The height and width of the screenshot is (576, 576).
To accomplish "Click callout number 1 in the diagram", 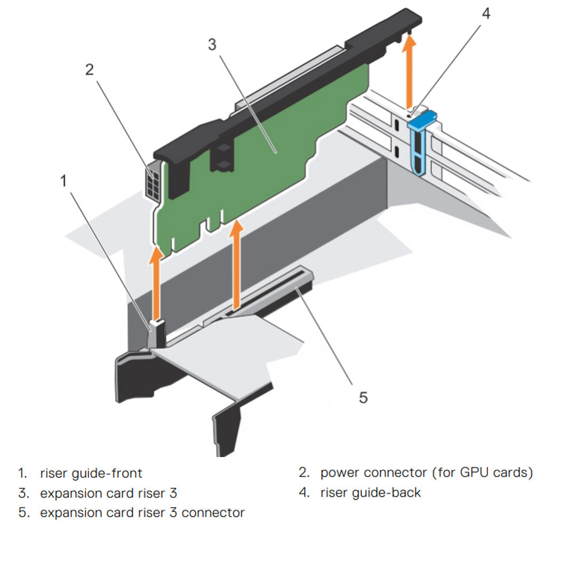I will (x=64, y=181).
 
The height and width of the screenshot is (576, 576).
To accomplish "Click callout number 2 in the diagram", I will (x=89, y=69).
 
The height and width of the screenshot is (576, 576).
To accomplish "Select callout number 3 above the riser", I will (x=212, y=45).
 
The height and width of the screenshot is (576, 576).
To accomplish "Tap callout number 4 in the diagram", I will (x=485, y=14).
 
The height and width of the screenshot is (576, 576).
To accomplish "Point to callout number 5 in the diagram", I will (x=363, y=397).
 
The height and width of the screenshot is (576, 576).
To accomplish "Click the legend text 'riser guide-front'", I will (x=91, y=473).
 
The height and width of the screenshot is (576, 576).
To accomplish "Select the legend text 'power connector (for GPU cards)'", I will (x=426, y=472).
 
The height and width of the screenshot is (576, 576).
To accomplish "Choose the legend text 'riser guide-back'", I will (x=370, y=493).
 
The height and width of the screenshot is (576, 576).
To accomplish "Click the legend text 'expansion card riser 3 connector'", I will (x=142, y=513).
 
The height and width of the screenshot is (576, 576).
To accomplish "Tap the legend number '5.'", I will (x=23, y=513).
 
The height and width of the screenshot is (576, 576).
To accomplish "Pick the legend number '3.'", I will (x=23, y=493).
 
